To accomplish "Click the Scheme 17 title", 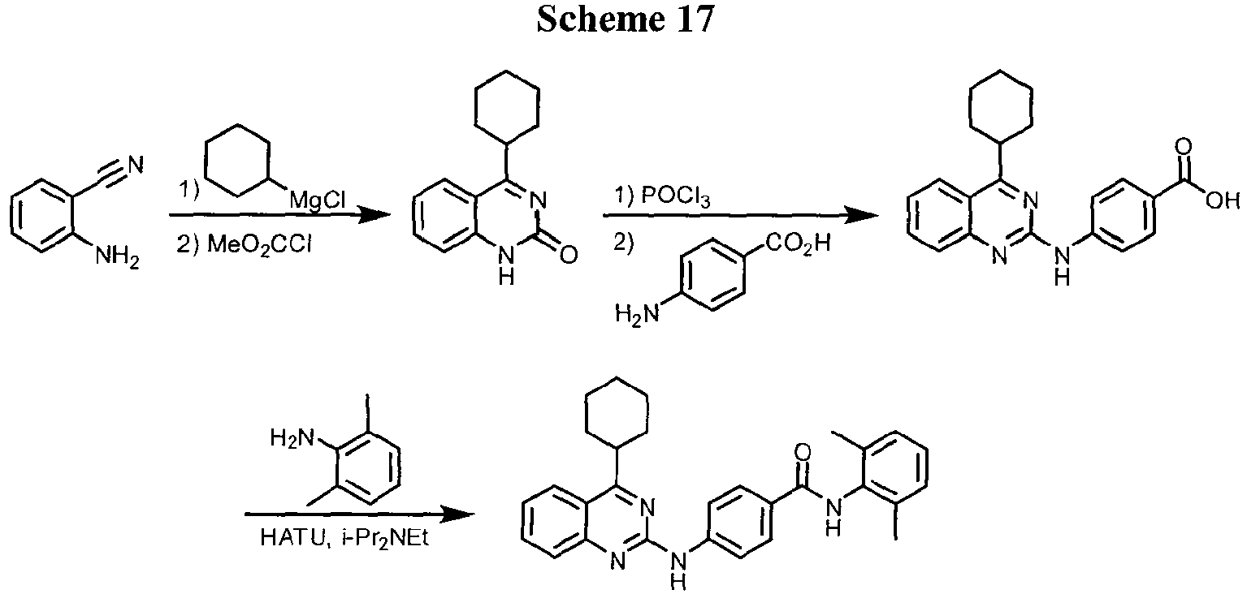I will [x=623, y=19].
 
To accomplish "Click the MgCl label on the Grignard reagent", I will [x=314, y=200].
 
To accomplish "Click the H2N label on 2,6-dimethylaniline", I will [x=292, y=439].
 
